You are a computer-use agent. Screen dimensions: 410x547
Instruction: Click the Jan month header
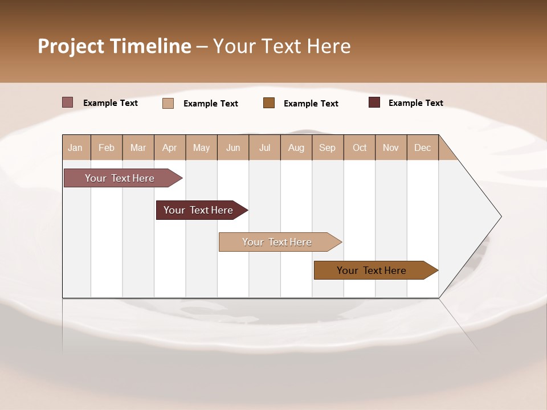pyautogui.click(x=75, y=147)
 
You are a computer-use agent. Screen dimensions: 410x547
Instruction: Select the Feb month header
pyautogui.click(x=107, y=147)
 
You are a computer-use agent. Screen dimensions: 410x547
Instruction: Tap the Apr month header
pyautogui.click(x=170, y=147)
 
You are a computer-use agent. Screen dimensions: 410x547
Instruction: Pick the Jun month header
pyautogui.click(x=233, y=147)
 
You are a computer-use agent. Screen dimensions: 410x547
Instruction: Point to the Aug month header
pyautogui.click(x=296, y=147)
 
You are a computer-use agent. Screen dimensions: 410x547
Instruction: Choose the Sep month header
pyautogui.click(x=328, y=147)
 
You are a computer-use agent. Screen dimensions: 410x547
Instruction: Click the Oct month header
pyautogui.click(x=360, y=147)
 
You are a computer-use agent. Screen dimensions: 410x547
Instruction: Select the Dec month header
pyautogui.click(x=423, y=147)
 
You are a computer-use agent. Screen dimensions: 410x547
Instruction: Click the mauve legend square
pyautogui.click(x=67, y=102)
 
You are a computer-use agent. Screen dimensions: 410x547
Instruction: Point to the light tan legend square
pyautogui.click(x=168, y=103)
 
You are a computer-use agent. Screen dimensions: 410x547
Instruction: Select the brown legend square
pyautogui.click(x=269, y=102)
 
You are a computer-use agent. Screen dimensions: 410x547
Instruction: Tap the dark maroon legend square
pyautogui.click(x=374, y=102)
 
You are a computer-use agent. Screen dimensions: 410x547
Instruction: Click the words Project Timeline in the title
pyautogui.click(x=114, y=46)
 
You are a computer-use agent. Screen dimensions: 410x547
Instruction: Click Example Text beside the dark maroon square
pyautogui.click(x=415, y=103)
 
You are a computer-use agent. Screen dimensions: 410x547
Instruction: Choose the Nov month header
pyautogui.click(x=391, y=147)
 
